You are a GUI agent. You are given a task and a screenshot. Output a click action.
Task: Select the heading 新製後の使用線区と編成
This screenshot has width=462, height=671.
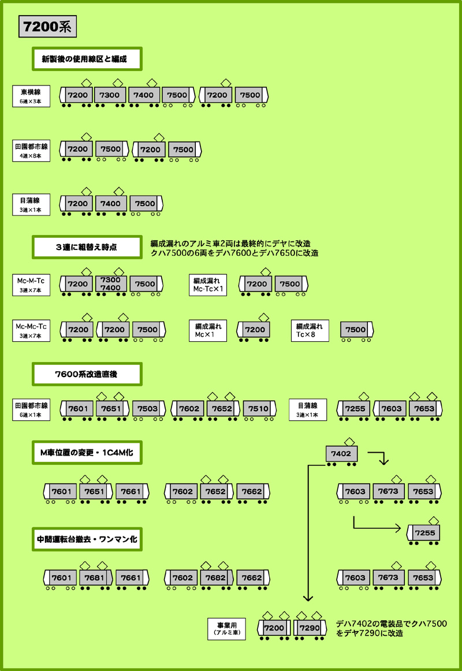click(87, 59)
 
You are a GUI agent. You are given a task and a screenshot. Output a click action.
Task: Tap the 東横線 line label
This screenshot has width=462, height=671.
click(31, 95)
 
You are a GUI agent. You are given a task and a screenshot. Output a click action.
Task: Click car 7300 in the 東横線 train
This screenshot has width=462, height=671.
click(110, 95)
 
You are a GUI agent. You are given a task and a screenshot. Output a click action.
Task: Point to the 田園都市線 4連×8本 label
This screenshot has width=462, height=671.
click(31, 150)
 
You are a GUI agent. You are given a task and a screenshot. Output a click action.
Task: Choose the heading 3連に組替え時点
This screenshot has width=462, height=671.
click(87, 247)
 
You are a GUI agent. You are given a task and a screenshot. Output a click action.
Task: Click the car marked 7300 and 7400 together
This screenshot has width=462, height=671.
click(110, 284)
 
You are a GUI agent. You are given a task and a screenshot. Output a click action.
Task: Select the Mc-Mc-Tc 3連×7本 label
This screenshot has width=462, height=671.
click(31, 330)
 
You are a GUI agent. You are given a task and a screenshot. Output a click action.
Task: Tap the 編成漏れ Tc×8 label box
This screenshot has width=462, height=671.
click(310, 330)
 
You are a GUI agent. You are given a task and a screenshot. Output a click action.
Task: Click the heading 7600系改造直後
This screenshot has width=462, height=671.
click(87, 374)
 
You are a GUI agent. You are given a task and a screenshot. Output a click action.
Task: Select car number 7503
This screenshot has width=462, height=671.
click(148, 409)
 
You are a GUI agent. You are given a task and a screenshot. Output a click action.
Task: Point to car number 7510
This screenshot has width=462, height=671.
click(258, 409)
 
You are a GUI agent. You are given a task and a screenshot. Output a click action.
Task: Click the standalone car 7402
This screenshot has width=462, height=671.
click(342, 454)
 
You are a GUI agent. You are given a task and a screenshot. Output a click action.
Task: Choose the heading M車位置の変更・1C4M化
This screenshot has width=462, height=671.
click(87, 454)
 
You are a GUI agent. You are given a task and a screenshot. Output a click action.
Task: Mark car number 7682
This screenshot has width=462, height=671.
click(216, 578)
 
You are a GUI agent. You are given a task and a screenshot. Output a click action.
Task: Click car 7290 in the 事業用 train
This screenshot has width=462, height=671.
click(310, 628)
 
